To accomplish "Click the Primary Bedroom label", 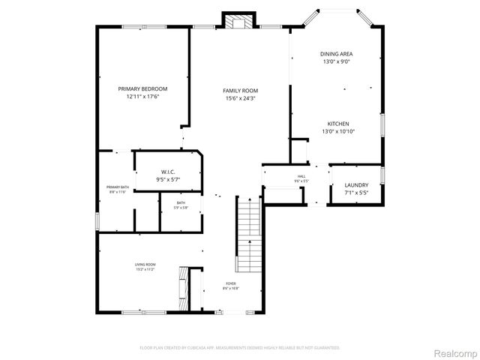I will [142, 88].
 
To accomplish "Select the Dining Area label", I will [336, 54].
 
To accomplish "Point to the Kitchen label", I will [337, 124].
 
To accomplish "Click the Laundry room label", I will [355, 185].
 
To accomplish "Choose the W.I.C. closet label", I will [167, 172].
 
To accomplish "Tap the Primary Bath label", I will [117, 187].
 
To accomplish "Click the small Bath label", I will [181, 202].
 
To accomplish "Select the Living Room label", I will [145, 264].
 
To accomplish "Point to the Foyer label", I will [230, 283].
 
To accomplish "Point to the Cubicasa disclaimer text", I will [240, 348].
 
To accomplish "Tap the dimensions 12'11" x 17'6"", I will [142, 96].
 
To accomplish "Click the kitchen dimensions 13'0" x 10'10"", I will [337, 131].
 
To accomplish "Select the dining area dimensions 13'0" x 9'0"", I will [336, 61].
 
